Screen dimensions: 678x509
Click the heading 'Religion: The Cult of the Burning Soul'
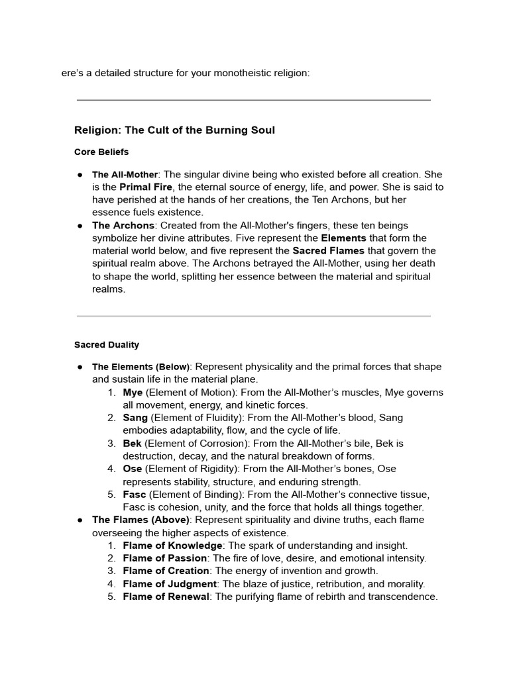(174, 130)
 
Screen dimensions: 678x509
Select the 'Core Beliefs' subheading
(101, 152)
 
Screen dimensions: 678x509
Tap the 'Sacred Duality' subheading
(107, 345)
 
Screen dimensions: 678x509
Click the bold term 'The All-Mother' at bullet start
(125, 175)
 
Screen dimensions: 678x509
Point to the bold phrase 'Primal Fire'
(145, 187)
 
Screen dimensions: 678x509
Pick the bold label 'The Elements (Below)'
(141, 367)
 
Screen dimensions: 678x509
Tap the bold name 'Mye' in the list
(133, 393)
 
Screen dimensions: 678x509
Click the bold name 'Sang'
(135, 418)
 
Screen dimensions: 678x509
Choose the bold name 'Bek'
(133, 443)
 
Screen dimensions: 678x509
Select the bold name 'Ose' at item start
(133, 469)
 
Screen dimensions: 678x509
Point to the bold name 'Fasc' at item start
(135, 495)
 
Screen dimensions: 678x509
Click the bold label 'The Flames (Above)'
(141, 520)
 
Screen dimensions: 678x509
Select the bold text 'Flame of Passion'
(166, 558)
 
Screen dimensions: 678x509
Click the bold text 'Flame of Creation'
(166, 571)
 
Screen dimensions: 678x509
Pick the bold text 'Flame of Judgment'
(170, 584)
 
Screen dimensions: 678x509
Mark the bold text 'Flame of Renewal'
(166, 597)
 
